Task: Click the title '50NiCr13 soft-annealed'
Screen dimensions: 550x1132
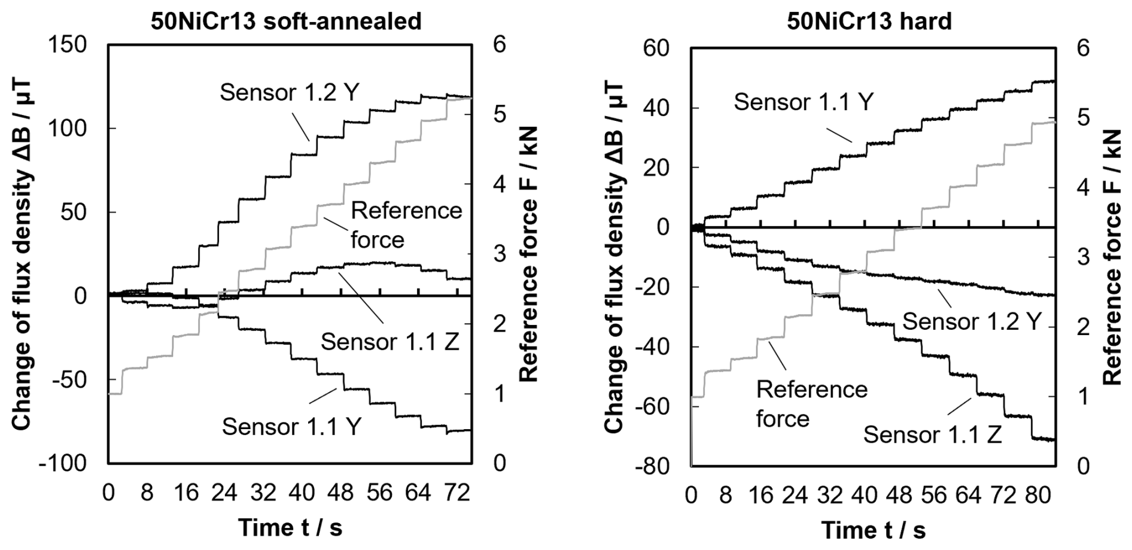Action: click(x=286, y=22)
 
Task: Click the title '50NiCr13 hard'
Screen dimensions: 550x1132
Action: click(x=869, y=22)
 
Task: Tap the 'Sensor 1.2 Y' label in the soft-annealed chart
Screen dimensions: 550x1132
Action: click(x=289, y=93)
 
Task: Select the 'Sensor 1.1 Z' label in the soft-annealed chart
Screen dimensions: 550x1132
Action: click(x=390, y=342)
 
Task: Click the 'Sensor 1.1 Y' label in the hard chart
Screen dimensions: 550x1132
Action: click(x=804, y=102)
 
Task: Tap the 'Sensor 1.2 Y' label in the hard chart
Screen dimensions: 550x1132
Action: click(x=972, y=321)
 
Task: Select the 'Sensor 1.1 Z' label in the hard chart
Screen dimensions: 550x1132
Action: click(x=932, y=434)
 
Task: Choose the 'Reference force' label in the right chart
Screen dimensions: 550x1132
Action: click(x=811, y=404)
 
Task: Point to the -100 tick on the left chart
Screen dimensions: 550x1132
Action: click(x=63, y=463)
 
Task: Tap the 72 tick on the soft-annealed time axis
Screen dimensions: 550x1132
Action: click(x=457, y=493)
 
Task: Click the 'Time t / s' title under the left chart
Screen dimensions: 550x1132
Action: click(x=290, y=528)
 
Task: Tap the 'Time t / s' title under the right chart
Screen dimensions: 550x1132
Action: click(x=873, y=530)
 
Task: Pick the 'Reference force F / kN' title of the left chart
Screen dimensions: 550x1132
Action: click(x=529, y=254)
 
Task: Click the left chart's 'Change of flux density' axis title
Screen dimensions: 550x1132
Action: click(x=22, y=254)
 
